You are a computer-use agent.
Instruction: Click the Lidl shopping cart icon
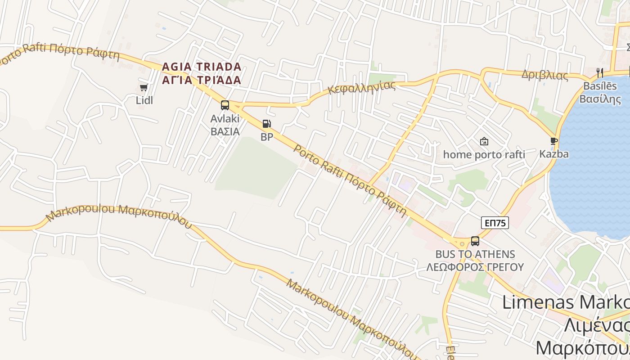(x=144, y=87)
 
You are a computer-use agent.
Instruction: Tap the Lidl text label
(x=144, y=100)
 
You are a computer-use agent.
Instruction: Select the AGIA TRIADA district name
(x=202, y=67)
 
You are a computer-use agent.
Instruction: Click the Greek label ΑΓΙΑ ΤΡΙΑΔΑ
(x=202, y=80)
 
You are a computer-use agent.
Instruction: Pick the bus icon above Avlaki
(x=225, y=105)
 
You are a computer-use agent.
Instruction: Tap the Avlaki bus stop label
(x=225, y=119)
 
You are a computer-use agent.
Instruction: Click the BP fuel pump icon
(x=267, y=124)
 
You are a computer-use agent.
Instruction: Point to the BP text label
(x=267, y=137)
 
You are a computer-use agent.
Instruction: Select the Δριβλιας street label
(x=544, y=75)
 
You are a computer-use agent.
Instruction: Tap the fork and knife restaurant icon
(x=599, y=72)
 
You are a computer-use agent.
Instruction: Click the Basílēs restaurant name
(x=600, y=85)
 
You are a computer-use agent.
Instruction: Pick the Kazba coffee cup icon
(x=554, y=141)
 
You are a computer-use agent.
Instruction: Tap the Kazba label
(x=554, y=154)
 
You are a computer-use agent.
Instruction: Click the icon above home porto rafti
(x=484, y=141)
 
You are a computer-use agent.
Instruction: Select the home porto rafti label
(x=484, y=155)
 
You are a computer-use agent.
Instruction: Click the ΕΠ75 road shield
(x=495, y=223)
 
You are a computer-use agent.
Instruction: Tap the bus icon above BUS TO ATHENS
(x=475, y=241)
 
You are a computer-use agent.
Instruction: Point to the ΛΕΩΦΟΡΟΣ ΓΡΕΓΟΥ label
(x=475, y=267)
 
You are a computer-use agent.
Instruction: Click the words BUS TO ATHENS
(x=475, y=254)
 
